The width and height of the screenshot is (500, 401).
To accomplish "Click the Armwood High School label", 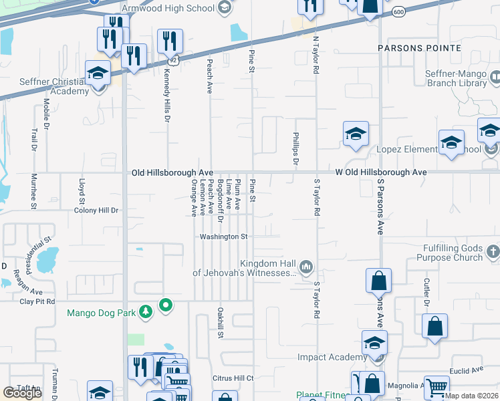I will pyautogui.click(x=168, y=7).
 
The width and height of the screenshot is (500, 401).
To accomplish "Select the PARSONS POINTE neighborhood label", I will pyautogui.click(x=419, y=48).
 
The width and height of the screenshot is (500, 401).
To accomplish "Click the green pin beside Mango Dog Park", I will pyautogui.click(x=166, y=306).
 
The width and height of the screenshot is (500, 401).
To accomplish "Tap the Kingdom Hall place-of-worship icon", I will pyautogui.click(x=306, y=267).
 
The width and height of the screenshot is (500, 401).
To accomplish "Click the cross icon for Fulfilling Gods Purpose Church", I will pyautogui.click(x=493, y=252).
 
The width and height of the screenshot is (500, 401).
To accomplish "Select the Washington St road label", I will pyautogui.click(x=224, y=237).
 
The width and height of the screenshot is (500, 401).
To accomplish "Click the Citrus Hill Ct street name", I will pyautogui.click(x=233, y=378).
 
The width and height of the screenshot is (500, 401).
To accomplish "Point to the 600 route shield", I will pyautogui.click(x=399, y=11).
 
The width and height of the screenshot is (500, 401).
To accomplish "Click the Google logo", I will pyautogui.click(x=22, y=392).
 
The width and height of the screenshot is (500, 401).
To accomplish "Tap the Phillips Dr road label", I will pyautogui.click(x=295, y=148).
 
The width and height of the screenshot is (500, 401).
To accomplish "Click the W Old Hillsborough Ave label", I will pyautogui.click(x=380, y=172).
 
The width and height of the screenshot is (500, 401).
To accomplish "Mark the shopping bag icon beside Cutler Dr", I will pyautogui.click(x=434, y=327).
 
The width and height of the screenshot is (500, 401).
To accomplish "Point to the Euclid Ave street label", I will pyautogui.click(x=467, y=370).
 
